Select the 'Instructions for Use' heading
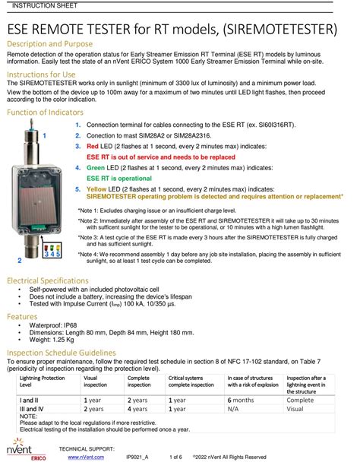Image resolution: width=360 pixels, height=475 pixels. pos(41,74)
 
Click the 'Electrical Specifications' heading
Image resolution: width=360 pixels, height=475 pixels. pos(49,281)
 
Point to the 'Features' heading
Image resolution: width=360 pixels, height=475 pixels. pos(23,316)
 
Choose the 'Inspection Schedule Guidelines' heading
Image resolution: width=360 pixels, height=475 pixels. pos(61,353)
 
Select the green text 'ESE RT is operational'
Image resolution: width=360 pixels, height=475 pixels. pos(120,177)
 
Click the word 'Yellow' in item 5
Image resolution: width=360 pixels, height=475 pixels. pos(97,188)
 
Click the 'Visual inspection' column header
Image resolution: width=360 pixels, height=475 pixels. pos(96,382)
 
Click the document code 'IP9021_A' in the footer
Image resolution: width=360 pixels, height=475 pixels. pos(137,458)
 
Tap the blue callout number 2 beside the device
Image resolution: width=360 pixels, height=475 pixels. pos(19,261)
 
